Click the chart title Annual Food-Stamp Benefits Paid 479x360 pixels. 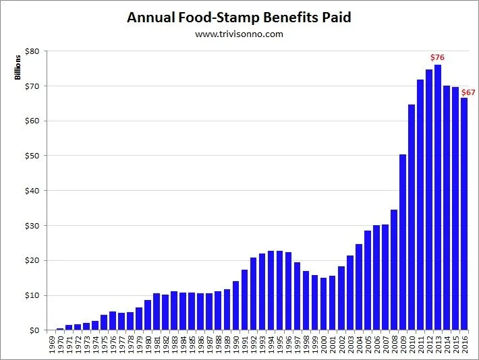[239, 18]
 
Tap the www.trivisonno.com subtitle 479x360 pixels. [239, 34]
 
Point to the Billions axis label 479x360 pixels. [19, 68]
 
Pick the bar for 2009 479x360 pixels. [403, 243]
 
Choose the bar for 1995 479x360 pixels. [279, 291]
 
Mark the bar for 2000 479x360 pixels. [323, 304]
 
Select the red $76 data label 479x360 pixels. [437, 58]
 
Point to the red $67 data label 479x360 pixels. [468, 92]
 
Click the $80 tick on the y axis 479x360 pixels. [32, 51]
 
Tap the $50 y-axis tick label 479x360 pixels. [32, 156]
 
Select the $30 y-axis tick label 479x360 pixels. [32, 226]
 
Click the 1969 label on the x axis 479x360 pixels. [51, 345]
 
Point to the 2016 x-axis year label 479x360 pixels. [465, 345]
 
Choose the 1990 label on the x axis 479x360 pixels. [235, 345]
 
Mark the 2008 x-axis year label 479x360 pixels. [394, 345]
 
